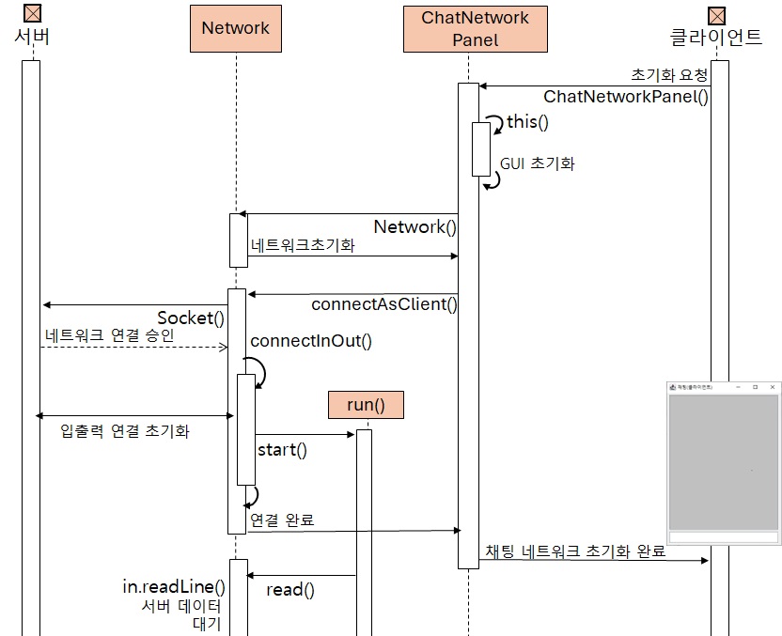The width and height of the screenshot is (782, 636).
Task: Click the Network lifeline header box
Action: tap(235, 28)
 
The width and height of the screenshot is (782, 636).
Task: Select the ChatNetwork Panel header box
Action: tap(475, 28)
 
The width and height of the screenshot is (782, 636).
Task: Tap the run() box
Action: tap(366, 405)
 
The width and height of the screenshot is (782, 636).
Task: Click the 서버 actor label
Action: tap(31, 38)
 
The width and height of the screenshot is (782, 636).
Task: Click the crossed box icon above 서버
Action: tap(32, 13)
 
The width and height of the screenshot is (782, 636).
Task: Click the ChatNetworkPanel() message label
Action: tap(626, 96)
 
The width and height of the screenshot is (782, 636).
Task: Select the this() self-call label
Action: tap(527, 122)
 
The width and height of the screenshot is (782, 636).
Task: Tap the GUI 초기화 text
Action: tap(537, 163)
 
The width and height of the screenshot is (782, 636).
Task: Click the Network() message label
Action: tap(414, 227)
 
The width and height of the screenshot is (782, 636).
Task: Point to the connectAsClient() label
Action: tap(383, 304)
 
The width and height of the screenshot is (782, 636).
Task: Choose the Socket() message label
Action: tap(191, 318)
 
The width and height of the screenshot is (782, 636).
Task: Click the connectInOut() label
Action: tap(311, 341)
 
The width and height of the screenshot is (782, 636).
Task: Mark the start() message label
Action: tap(282, 449)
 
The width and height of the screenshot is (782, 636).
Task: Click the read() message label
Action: tap(289, 590)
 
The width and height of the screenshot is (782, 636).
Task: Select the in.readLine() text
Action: tap(174, 586)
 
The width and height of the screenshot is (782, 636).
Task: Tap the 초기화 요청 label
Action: tap(669, 75)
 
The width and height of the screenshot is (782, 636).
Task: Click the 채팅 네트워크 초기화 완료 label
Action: tap(575, 551)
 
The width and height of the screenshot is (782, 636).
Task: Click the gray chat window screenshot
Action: tap(723, 462)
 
